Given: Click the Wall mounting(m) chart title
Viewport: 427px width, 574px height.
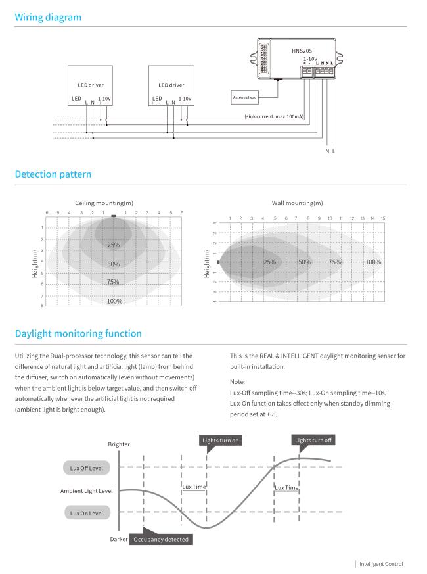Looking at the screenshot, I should point(297,203).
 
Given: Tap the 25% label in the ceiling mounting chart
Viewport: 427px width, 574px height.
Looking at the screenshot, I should point(114,245).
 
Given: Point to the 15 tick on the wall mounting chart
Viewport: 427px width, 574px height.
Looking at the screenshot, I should point(383,218).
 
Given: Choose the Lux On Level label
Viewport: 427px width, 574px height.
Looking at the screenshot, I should point(86,512).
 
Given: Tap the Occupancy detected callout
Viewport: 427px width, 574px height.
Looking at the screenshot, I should point(161,539).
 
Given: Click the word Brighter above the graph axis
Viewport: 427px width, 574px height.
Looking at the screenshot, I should point(118,444).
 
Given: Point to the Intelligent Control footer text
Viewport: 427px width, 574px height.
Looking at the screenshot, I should point(382,563).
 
